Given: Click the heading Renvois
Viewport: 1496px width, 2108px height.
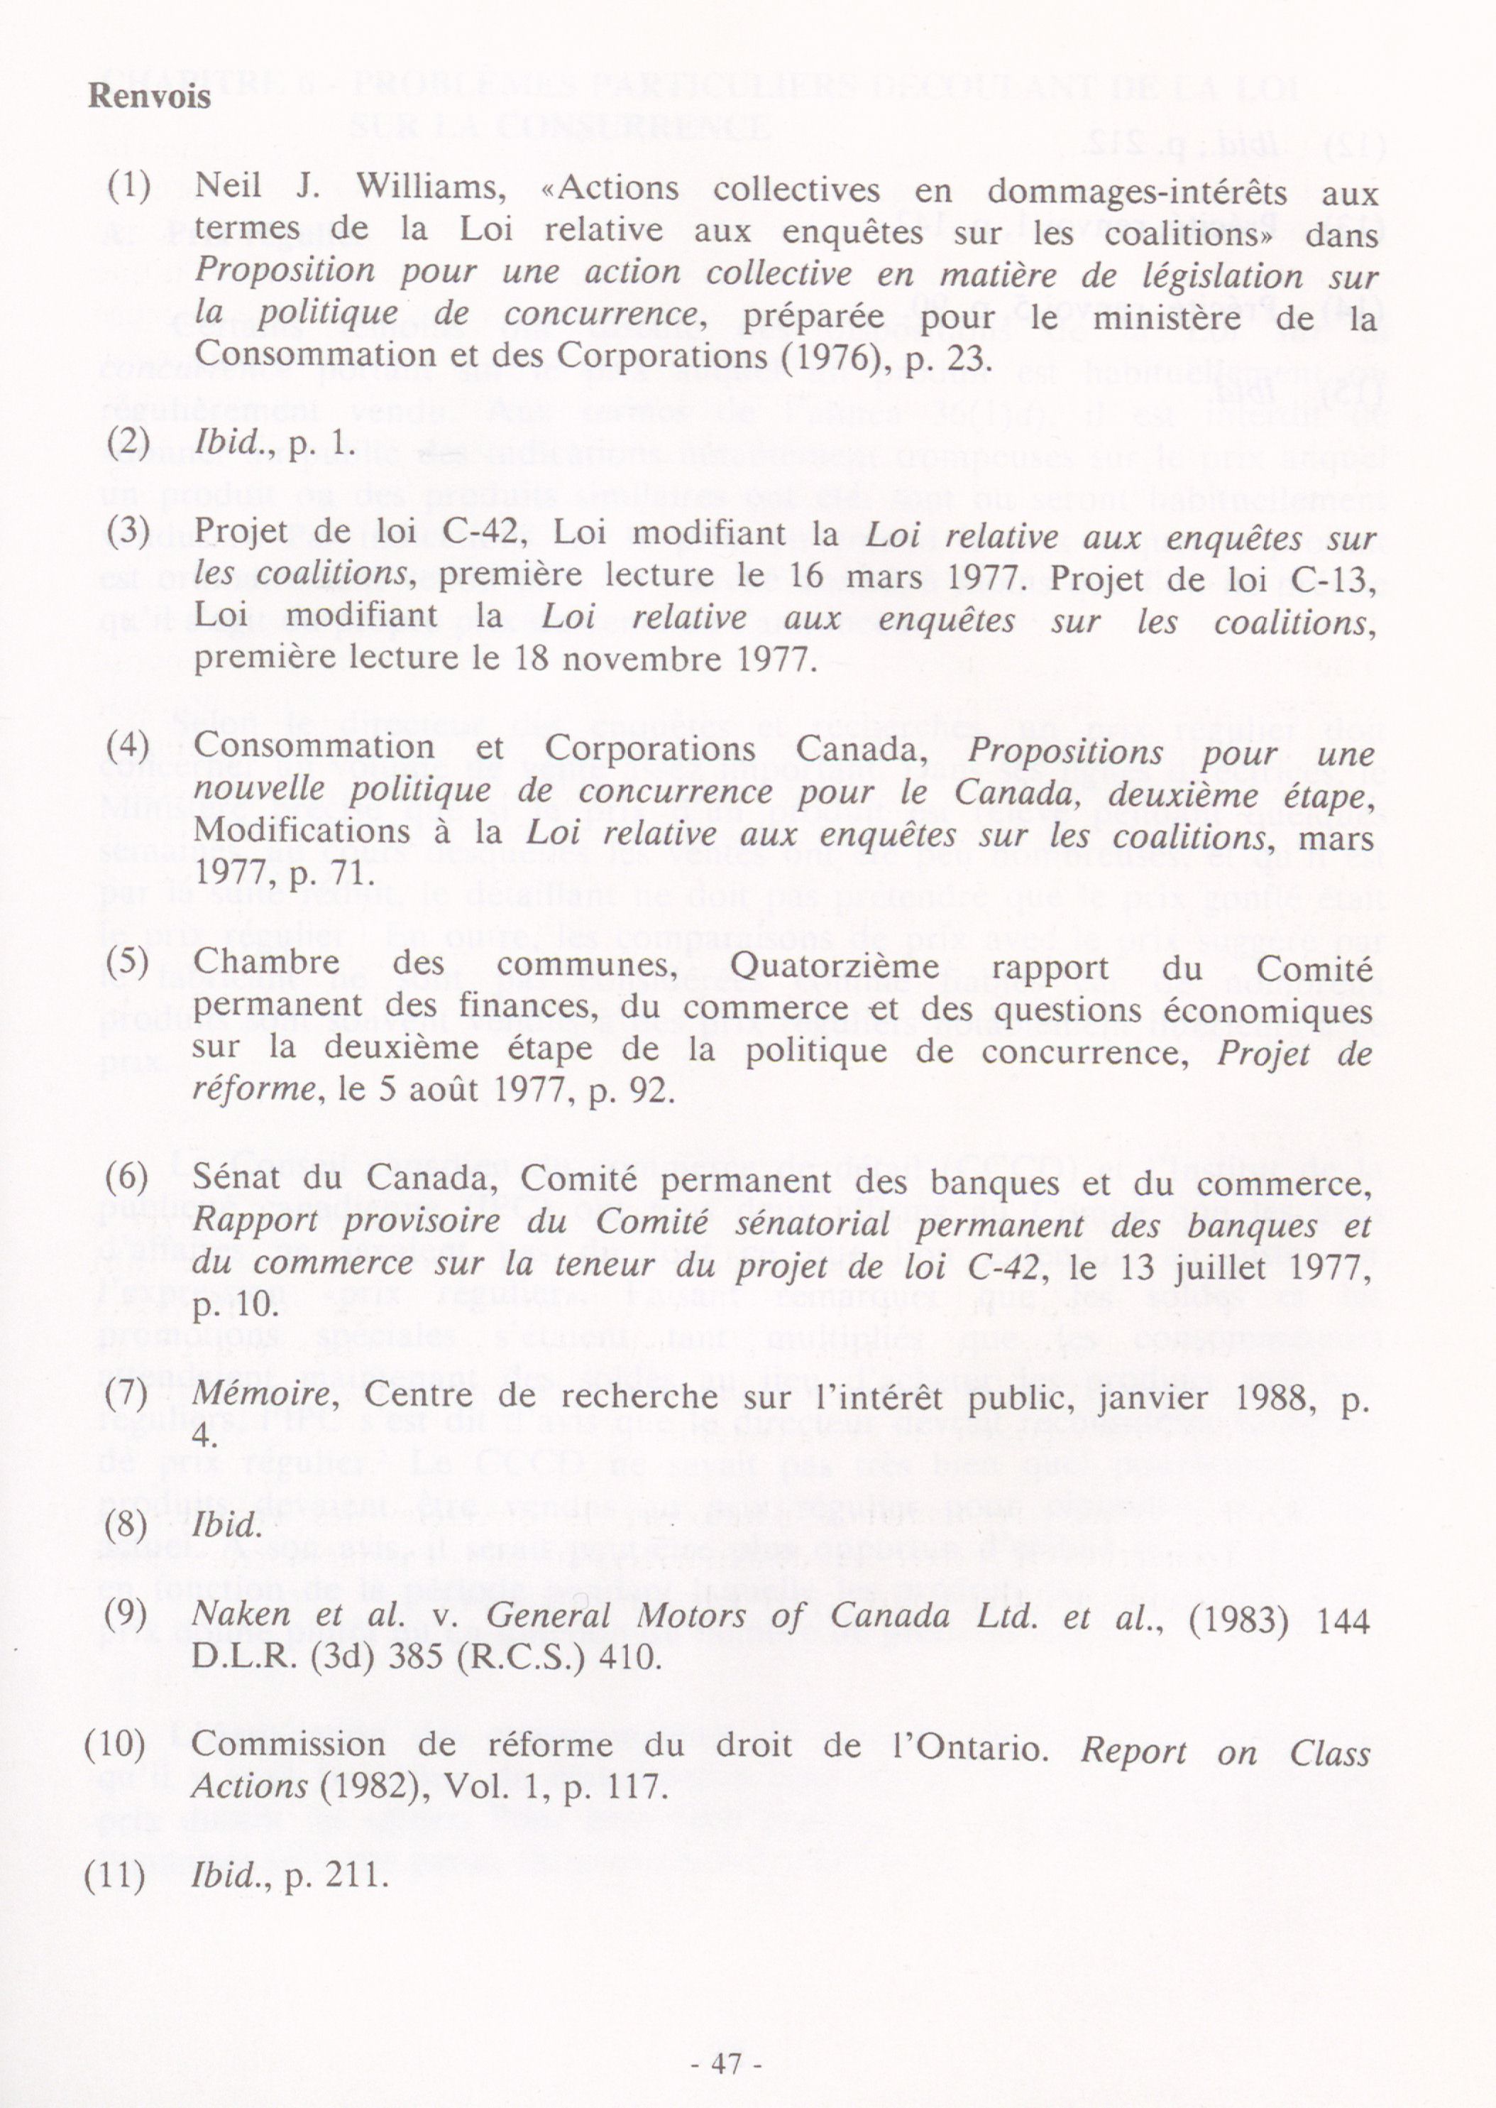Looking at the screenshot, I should [149, 96].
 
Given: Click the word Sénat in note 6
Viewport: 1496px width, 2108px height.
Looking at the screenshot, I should [238, 1177].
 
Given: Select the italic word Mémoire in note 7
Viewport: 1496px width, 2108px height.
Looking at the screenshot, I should [260, 1395].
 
